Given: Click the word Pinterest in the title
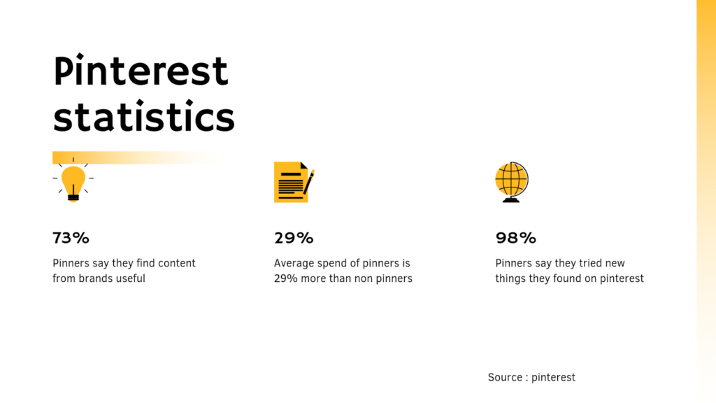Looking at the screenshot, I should pyautogui.click(x=141, y=71).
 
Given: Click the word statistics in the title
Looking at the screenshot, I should pyautogui.click(x=143, y=117).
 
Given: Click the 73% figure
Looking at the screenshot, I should pyautogui.click(x=71, y=238).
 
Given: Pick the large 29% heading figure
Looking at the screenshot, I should pyautogui.click(x=294, y=238).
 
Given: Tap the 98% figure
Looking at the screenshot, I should pyautogui.click(x=515, y=238).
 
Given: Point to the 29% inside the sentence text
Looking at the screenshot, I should pyautogui.click(x=285, y=278).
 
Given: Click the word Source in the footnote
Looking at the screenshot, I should pyautogui.click(x=505, y=377).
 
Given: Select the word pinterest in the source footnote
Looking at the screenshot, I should pyautogui.click(x=553, y=377).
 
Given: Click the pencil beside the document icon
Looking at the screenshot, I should pyautogui.click(x=308, y=181).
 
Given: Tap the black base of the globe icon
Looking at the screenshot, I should pyautogui.click(x=511, y=200).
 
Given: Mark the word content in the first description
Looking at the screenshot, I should pyautogui.click(x=176, y=264).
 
